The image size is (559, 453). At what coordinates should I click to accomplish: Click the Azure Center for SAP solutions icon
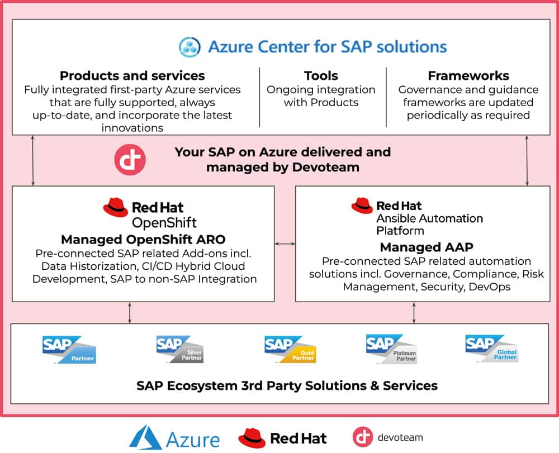(x=190, y=46)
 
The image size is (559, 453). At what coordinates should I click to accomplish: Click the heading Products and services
(x=132, y=75)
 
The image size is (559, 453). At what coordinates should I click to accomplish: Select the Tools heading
(x=321, y=75)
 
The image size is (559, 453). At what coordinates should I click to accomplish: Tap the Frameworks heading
(x=468, y=75)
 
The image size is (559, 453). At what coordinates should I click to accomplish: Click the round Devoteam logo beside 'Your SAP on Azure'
(x=130, y=160)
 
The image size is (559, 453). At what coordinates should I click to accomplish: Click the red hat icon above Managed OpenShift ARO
(x=116, y=208)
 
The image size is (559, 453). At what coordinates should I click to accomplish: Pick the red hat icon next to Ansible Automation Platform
(x=362, y=206)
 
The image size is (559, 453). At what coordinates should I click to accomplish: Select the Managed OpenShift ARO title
(x=143, y=240)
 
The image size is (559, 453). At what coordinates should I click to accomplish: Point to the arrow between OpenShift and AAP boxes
(x=285, y=244)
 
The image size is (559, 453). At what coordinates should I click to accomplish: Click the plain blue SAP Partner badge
(x=69, y=349)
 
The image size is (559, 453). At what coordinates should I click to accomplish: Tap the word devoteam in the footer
(x=399, y=437)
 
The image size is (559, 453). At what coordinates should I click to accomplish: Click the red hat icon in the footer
(x=252, y=438)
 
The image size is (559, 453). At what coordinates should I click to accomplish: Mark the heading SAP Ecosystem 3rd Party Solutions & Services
(x=279, y=385)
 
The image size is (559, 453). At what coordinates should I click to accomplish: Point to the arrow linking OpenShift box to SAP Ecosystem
(x=130, y=313)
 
